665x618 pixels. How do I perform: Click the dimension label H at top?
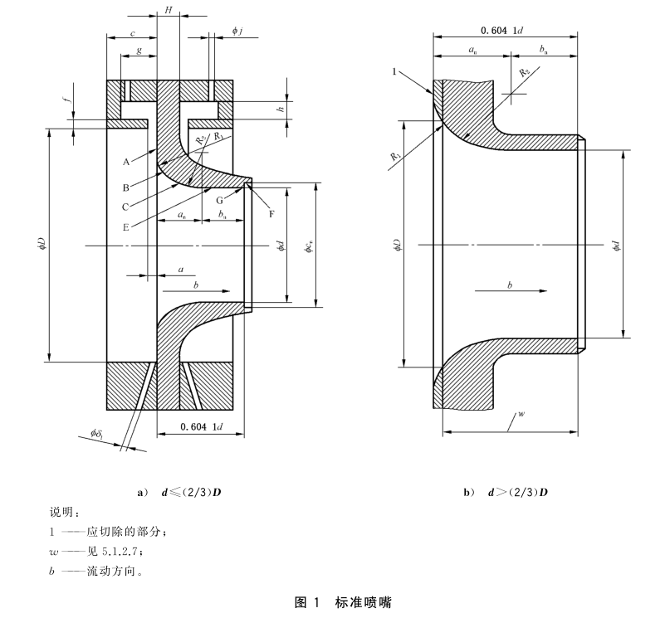click(x=169, y=10)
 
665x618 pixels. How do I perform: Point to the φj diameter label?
click(x=237, y=31)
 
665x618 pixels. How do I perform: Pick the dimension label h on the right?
click(x=281, y=109)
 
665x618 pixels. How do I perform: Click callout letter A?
click(x=125, y=163)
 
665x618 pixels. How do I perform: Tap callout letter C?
click(x=125, y=207)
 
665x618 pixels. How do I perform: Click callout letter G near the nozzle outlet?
click(x=220, y=201)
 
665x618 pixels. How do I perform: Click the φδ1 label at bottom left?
click(x=99, y=435)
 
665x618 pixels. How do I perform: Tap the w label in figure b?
click(x=521, y=412)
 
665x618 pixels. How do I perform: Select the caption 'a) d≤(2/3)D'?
click(x=178, y=493)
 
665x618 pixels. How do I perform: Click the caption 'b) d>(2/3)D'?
click(x=505, y=493)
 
